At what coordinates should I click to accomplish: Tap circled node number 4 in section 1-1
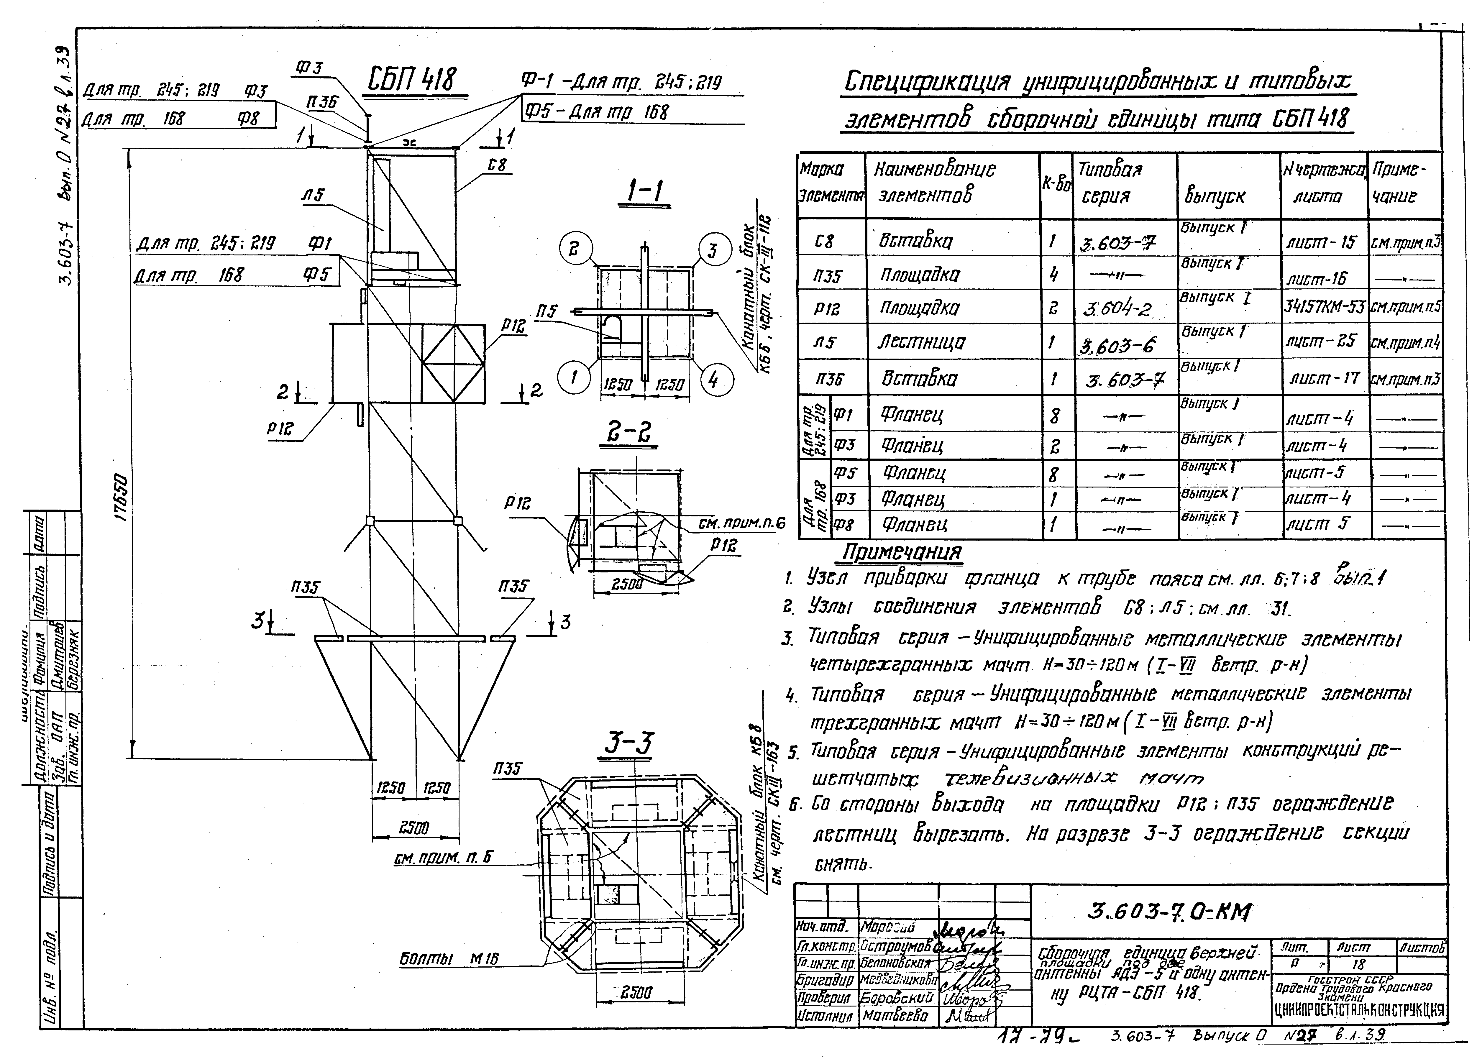click(716, 380)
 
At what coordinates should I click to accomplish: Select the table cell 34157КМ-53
click(1323, 307)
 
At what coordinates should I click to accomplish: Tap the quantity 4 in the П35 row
click(1053, 274)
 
